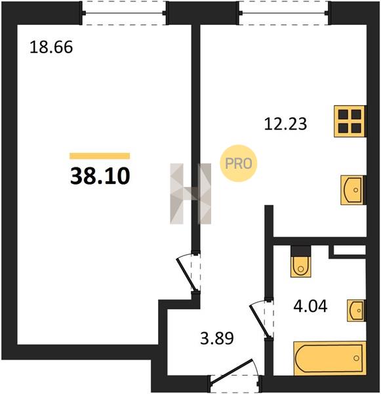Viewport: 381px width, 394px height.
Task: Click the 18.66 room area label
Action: click(x=51, y=47)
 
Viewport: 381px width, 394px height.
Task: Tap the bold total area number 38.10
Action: click(x=100, y=176)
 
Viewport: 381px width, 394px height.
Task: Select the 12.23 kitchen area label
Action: click(x=286, y=124)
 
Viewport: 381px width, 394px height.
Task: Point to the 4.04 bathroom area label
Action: click(x=310, y=306)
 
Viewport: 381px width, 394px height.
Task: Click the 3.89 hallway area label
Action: click(x=217, y=338)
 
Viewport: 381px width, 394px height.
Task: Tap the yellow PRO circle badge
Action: click(x=239, y=164)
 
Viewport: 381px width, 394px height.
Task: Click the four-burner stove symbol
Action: click(x=350, y=121)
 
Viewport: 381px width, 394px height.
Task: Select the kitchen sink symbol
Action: click(x=352, y=190)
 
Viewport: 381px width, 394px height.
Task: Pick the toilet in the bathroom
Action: click(x=300, y=267)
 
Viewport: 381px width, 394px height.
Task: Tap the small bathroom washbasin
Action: click(x=356, y=311)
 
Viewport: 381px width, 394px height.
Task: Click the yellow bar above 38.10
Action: click(x=100, y=156)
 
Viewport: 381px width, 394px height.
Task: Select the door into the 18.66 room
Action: click(x=188, y=273)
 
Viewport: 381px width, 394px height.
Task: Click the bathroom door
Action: click(x=261, y=318)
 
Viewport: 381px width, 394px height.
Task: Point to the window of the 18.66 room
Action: click(x=124, y=13)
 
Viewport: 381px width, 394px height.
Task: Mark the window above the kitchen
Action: click(x=284, y=13)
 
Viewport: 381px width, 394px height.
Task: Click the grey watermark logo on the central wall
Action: click(x=190, y=194)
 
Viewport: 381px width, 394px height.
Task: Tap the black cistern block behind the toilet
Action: click(x=301, y=251)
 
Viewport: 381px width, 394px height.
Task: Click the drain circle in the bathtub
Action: click(x=356, y=358)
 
